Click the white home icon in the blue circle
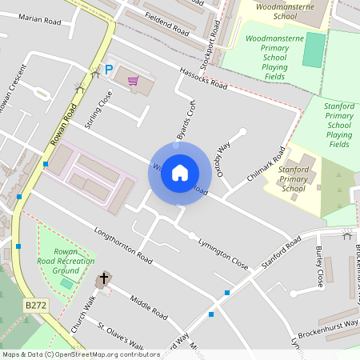click(180, 173)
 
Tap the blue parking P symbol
click(109, 71)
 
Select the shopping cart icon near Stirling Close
click(133, 80)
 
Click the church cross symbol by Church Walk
click(103, 279)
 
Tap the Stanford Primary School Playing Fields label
click(339, 125)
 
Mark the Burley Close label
click(319, 267)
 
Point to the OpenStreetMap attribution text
click(81, 354)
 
